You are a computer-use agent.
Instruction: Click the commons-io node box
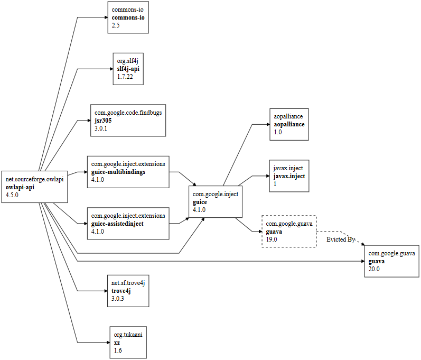(x=128, y=17)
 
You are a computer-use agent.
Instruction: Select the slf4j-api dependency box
(x=128, y=69)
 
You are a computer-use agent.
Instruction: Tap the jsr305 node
(x=128, y=120)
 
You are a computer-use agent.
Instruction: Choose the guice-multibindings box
(x=128, y=172)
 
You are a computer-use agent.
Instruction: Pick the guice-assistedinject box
(x=128, y=224)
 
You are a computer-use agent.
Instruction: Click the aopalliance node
(x=289, y=124)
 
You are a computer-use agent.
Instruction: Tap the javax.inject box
(x=289, y=176)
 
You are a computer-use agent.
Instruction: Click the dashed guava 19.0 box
(x=289, y=232)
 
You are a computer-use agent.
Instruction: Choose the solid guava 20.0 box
(x=391, y=261)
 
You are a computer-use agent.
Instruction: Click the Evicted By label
(x=340, y=239)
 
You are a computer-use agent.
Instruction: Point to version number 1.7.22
(x=125, y=77)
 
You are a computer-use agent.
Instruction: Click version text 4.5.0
(x=12, y=195)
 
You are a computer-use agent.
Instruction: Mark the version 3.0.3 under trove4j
(x=117, y=299)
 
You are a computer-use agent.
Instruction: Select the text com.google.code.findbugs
(x=128, y=113)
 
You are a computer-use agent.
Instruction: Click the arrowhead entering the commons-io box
(x=105, y=17)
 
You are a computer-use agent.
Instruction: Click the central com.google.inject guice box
(x=216, y=202)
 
